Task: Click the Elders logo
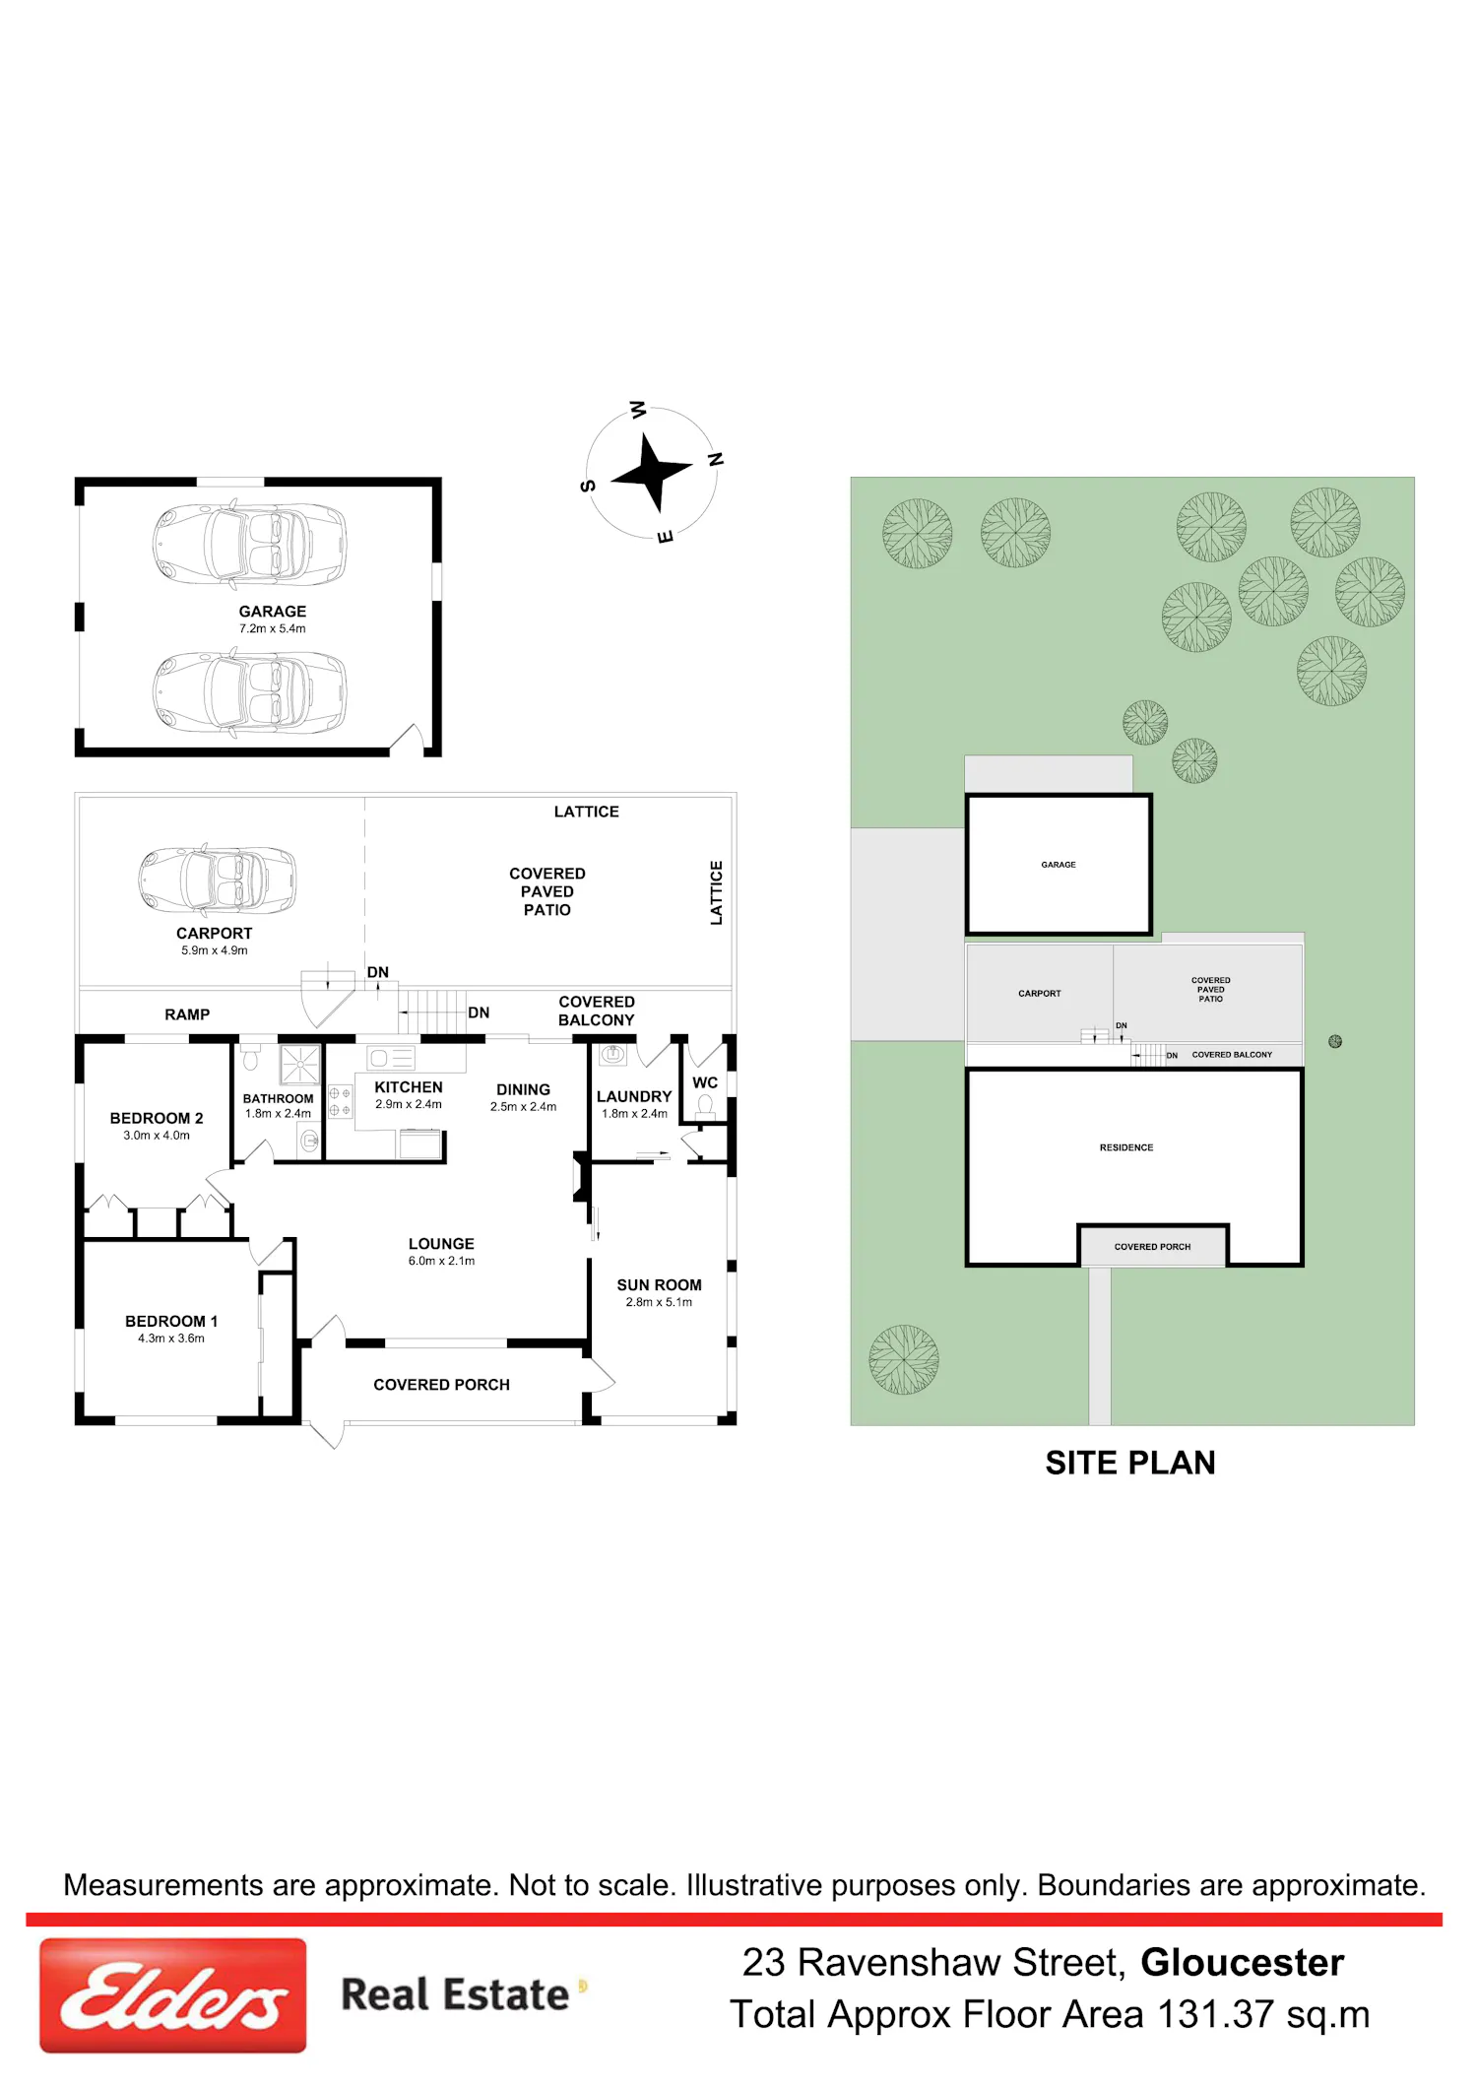tap(172, 1994)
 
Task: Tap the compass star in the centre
tap(651, 474)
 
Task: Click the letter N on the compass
tap(716, 459)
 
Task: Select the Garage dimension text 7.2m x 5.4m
tap(273, 628)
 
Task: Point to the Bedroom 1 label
tap(171, 1321)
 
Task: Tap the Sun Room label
tap(660, 1285)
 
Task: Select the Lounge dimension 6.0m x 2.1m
tap(441, 1261)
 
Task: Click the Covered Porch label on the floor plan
tap(441, 1385)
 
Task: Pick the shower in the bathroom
tap(299, 1065)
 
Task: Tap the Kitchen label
tap(409, 1087)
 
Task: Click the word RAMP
tap(187, 1014)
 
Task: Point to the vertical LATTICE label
tap(717, 892)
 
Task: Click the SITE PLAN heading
tap(1130, 1463)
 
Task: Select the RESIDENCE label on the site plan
tap(1126, 1147)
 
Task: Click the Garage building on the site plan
tap(1059, 864)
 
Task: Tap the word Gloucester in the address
tap(1243, 1962)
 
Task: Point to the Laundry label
tap(634, 1096)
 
